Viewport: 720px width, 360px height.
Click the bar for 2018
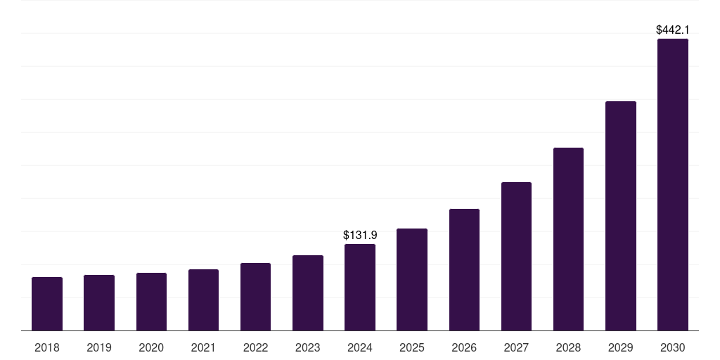tap(47, 304)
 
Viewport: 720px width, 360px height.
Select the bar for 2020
tap(151, 302)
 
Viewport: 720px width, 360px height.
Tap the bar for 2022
tap(255, 297)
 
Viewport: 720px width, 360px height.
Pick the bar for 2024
tap(360, 287)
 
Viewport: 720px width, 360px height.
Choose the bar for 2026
tap(464, 269)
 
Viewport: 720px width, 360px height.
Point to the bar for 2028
tap(568, 239)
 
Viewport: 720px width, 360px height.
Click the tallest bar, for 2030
tap(673, 184)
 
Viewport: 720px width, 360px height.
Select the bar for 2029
tap(621, 216)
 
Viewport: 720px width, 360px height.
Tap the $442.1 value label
tap(673, 30)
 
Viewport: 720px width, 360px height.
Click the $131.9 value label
tap(360, 236)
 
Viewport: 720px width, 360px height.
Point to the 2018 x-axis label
tap(47, 347)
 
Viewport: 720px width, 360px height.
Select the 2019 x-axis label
tap(99, 347)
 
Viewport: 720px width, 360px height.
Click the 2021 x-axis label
tap(203, 347)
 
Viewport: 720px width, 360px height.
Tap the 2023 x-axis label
tap(308, 347)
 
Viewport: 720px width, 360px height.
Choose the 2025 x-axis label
tap(412, 347)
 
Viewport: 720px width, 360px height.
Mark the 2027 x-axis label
tap(516, 347)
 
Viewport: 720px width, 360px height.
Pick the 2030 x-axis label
tap(673, 347)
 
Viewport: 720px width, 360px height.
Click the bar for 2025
tap(412, 279)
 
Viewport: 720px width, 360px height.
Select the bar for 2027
tap(516, 256)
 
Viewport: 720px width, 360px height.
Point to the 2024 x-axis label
tap(360, 347)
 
